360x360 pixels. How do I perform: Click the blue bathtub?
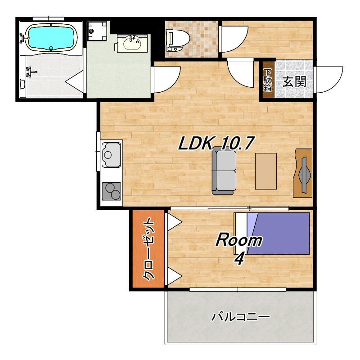coord(51,37)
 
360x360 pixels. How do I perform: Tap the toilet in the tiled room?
coord(177,40)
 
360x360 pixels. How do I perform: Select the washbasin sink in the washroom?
coord(132,44)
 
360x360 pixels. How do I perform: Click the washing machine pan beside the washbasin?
coord(97,31)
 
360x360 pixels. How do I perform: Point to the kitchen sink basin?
coord(111,155)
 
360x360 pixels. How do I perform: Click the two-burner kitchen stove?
coord(111,191)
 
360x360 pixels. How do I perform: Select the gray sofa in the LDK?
coord(224,171)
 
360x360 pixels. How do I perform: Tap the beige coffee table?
coord(265,171)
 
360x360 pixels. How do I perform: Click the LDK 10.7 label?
coord(216,143)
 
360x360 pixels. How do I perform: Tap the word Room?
coord(239,239)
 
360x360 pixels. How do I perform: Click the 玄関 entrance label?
coord(294,81)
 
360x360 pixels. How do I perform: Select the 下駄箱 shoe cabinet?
coord(267,80)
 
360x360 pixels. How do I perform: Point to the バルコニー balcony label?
coord(241,317)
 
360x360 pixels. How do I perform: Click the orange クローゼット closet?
coord(148,249)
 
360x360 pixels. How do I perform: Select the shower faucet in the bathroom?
coord(30,72)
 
